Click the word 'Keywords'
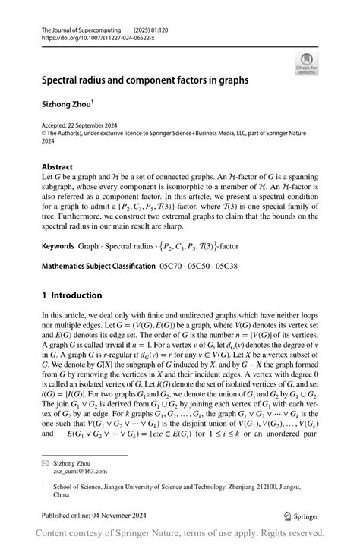click(x=59, y=226)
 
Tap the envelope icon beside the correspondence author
click(x=46, y=461)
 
